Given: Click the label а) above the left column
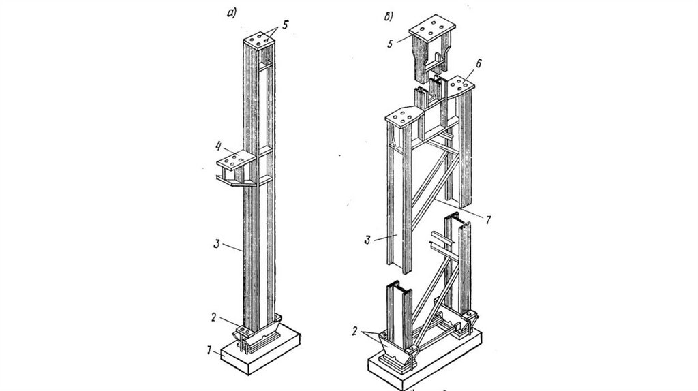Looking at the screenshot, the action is pyautogui.click(x=232, y=14).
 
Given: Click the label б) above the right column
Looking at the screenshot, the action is pyautogui.click(x=389, y=17).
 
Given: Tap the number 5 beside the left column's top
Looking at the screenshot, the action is pyautogui.click(x=285, y=25).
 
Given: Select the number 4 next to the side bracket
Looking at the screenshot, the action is pyautogui.click(x=219, y=146).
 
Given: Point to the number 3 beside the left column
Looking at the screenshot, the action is pyautogui.click(x=217, y=243).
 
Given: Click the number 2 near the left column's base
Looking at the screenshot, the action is pyautogui.click(x=214, y=317).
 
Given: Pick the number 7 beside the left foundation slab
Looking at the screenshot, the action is pyautogui.click(x=209, y=351).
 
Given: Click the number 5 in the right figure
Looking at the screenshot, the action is pyautogui.click(x=390, y=44).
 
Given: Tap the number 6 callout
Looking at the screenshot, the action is pyautogui.click(x=479, y=63).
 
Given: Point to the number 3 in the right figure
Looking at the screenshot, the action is pyautogui.click(x=367, y=240).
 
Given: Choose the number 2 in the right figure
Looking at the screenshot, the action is pyautogui.click(x=354, y=331).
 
